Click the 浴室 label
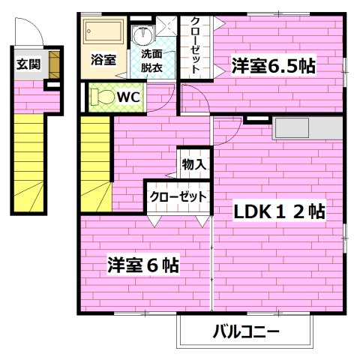[x=103, y=59]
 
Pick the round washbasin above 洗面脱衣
[x=140, y=34]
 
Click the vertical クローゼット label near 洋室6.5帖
[x=194, y=44]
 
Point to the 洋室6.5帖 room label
[x=271, y=65]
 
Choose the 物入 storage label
[x=193, y=163]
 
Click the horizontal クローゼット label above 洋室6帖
[x=178, y=196]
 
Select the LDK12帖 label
[x=279, y=212]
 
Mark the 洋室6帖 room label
[x=142, y=265]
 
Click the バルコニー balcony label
[x=245, y=330]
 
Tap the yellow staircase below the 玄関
[x=30, y=161]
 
